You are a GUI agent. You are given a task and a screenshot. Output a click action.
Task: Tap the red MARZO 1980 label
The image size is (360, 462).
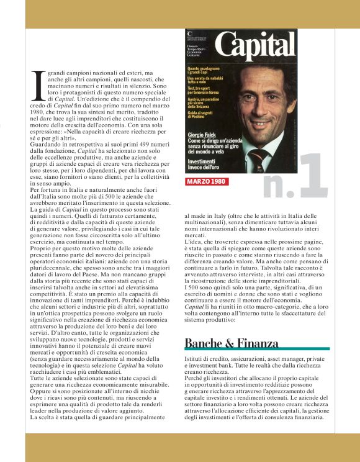[207, 182]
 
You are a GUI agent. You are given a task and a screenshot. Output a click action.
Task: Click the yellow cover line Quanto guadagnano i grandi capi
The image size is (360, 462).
[204, 70]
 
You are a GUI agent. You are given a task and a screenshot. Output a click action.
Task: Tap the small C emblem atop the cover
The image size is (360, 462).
[190, 32]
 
